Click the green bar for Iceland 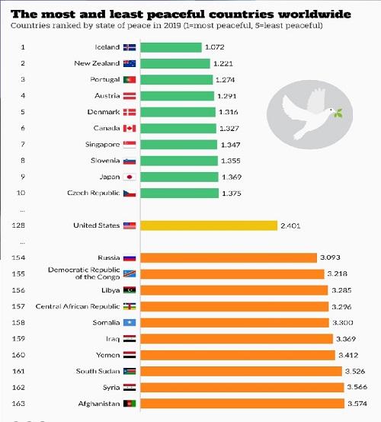171,47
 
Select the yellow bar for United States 209,225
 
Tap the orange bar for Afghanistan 242,404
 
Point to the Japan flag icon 130,177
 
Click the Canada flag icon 130,129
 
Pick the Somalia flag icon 130,322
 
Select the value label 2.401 290,225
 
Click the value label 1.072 215,47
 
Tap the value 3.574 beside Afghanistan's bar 357,404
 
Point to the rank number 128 18,225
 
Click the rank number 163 18,404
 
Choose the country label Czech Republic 94,193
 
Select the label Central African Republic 78,306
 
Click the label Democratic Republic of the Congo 84,273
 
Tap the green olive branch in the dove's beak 338,113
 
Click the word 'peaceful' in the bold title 176,14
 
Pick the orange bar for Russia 229,257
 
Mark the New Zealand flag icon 130,63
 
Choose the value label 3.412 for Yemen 348,355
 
